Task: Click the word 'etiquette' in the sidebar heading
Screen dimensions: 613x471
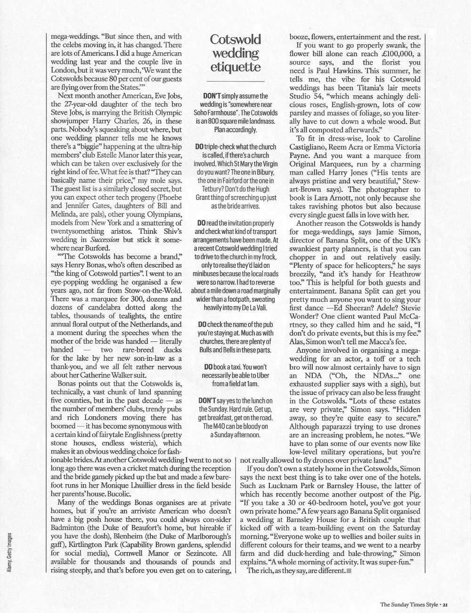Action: [235, 67]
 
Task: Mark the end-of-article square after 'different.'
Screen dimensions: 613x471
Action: [349, 571]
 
